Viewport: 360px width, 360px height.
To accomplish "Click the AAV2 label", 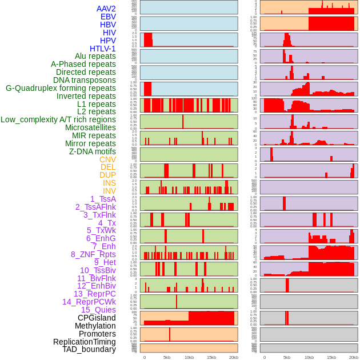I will (x=106, y=9).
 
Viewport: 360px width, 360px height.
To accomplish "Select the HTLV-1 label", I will (x=103, y=49).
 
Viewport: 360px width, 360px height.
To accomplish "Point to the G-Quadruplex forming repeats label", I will (x=61, y=88).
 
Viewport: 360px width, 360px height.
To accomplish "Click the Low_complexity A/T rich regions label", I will (x=58, y=119).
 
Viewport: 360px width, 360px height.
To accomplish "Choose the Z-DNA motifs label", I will (x=93, y=151).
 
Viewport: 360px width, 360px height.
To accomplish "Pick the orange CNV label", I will (x=107, y=159).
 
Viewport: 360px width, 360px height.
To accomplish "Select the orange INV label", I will (x=109, y=191).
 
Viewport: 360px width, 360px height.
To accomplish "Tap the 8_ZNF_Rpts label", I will (x=93, y=254).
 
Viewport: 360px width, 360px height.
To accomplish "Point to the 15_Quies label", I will (x=98, y=310).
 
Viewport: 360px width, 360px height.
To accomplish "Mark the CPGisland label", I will (x=97, y=318).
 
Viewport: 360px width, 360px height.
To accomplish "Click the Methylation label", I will (x=95, y=326).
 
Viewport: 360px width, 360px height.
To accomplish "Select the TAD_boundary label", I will (x=89, y=349).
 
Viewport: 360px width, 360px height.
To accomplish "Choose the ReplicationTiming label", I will (x=85, y=342).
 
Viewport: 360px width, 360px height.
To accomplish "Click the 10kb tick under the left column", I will (x=189, y=357).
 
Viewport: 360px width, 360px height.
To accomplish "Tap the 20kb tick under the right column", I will (x=354, y=357).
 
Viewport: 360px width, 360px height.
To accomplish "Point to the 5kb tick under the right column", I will (x=287, y=357).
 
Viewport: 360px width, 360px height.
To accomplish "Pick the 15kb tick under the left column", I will (x=211, y=357).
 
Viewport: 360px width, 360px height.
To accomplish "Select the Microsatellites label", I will (x=90, y=127).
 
